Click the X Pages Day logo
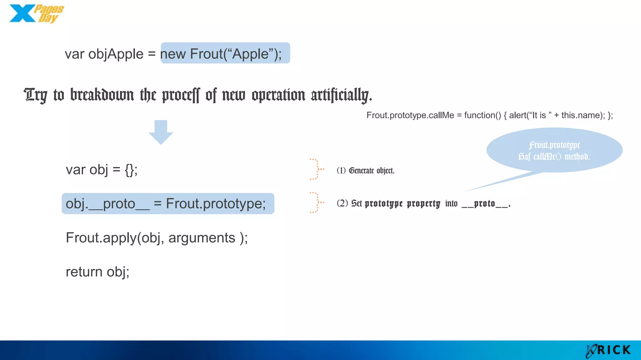click(x=36, y=14)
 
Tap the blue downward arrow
click(x=161, y=132)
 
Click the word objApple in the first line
click(x=115, y=54)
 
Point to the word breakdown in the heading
click(x=102, y=95)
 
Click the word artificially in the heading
click(x=341, y=95)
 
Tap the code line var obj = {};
click(x=101, y=170)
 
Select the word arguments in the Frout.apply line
click(x=202, y=238)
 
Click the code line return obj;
click(x=97, y=272)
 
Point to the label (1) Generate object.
click(x=365, y=171)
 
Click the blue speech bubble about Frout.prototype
click(x=554, y=150)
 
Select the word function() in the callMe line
click(x=482, y=115)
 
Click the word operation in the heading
click(x=278, y=95)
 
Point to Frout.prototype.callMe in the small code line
click(x=410, y=115)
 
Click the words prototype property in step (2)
click(x=402, y=204)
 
